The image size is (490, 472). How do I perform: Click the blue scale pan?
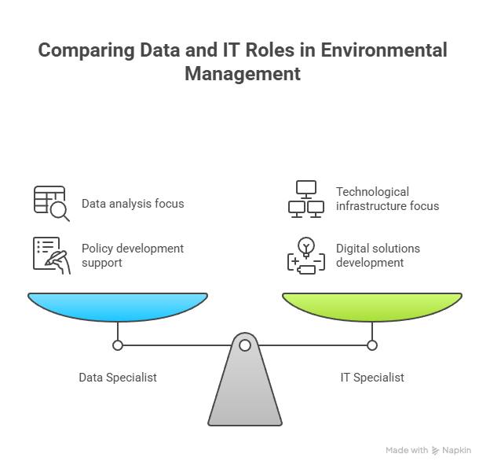(x=118, y=307)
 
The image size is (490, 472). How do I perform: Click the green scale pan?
(x=372, y=307)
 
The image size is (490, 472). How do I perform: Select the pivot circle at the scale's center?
(x=245, y=345)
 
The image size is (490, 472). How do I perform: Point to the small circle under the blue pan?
(x=118, y=345)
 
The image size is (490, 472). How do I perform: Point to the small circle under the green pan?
(x=372, y=345)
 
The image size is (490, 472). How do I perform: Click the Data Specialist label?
(x=118, y=378)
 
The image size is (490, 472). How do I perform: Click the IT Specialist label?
(x=372, y=378)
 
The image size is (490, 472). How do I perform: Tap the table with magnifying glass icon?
(x=52, y=204)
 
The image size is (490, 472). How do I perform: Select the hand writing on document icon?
(x=52, y=256)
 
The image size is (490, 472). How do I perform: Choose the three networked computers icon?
(x=306, y=199)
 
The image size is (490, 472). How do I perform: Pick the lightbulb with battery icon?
(x=306, y=256)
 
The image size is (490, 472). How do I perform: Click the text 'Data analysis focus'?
(x=133, y=204)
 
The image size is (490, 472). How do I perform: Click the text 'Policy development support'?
(x=133, y=256)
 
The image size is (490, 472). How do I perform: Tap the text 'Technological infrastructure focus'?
(x=387, y=199)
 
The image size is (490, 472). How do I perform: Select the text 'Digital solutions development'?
(x=378, y=256)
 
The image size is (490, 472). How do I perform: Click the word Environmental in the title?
(x=384, y=50)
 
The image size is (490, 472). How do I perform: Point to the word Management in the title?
(x=243, y=74)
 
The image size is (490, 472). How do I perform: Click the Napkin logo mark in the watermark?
(x=435, y=451)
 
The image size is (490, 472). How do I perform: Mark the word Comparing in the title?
(x=86, y=50)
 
